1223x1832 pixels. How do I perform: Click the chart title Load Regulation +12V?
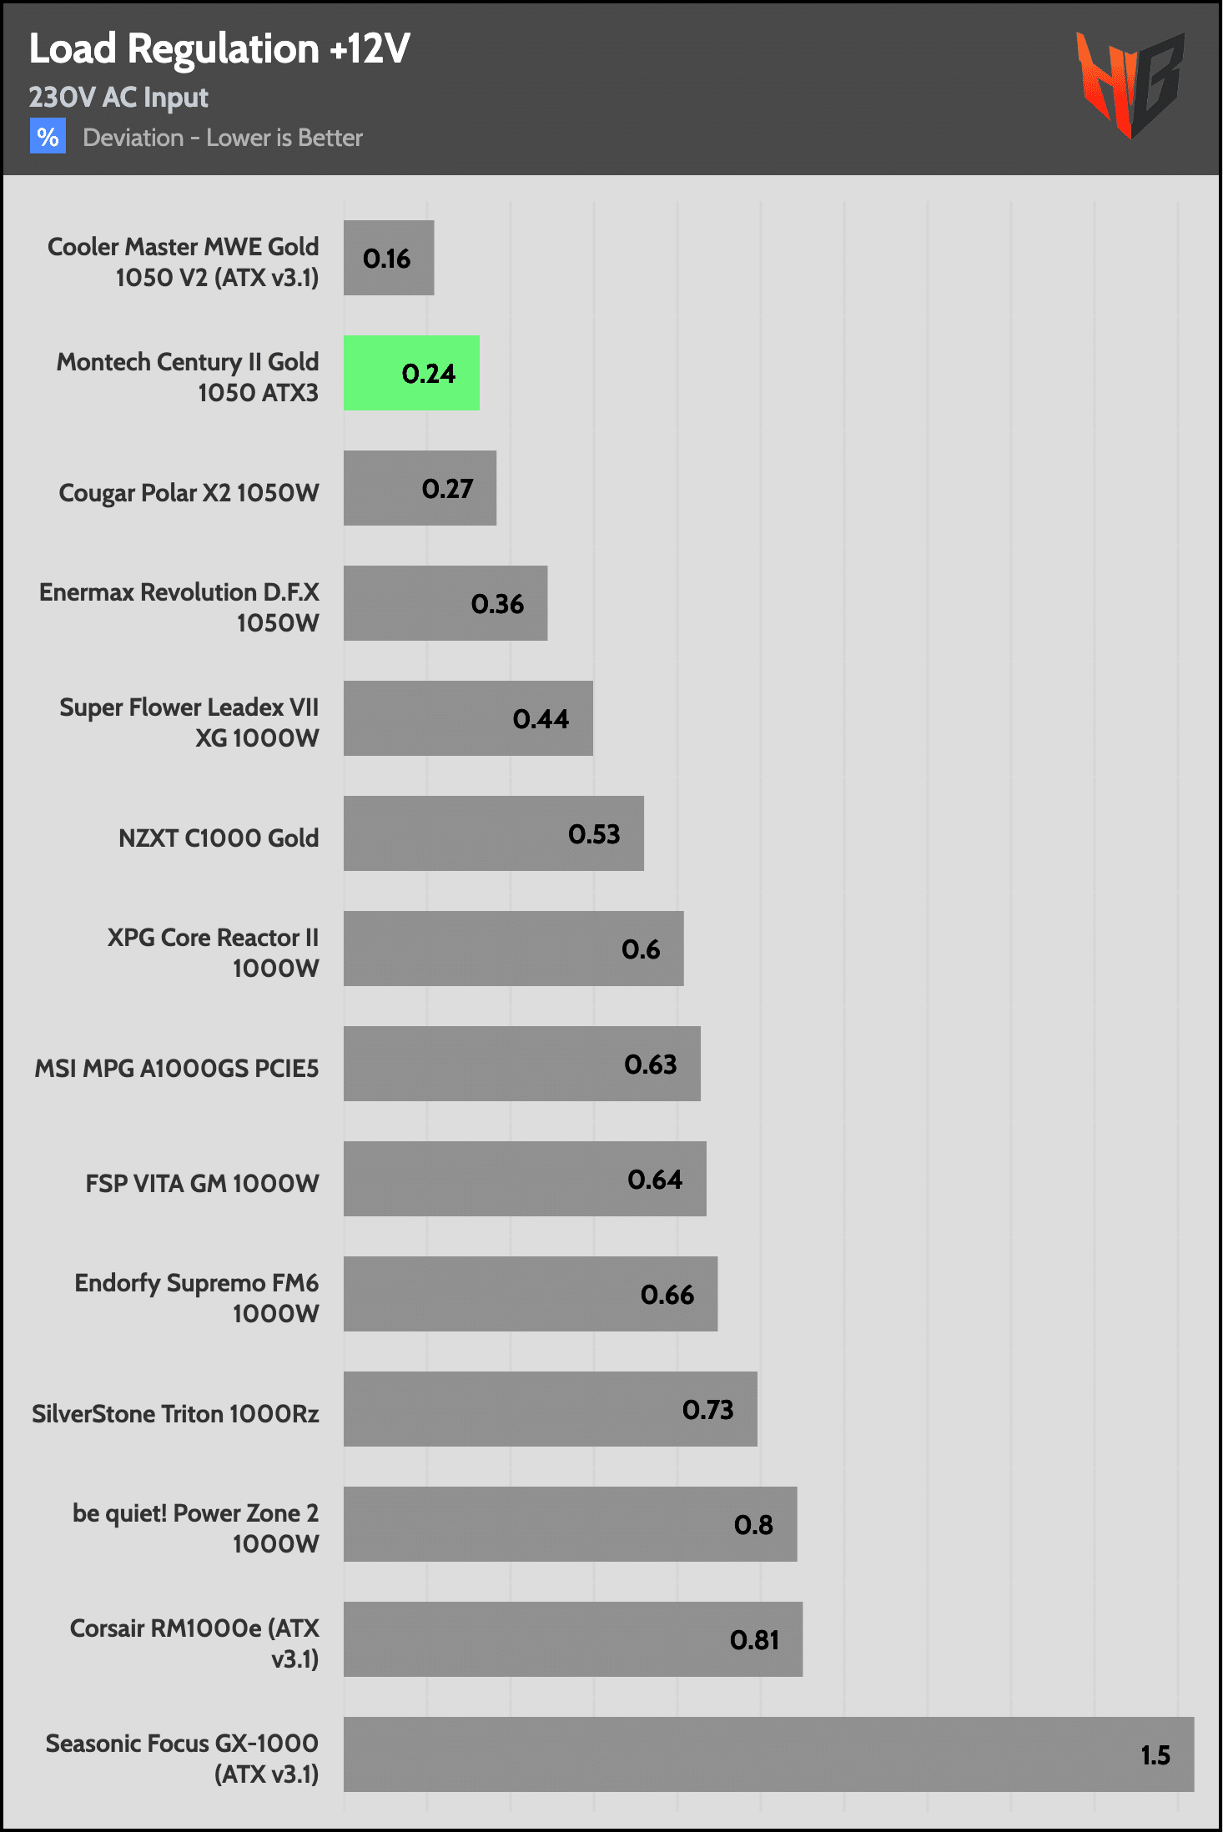click(x=219, y=49)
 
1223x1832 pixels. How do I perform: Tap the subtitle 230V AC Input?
click(x=118, y=98)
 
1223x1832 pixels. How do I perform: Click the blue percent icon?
click(x=48, y=136)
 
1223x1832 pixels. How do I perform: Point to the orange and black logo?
click(x=1130, y=84)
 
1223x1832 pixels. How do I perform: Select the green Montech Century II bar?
click(x=411, y=373)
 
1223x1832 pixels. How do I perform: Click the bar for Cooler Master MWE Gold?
click(x=389, y=258)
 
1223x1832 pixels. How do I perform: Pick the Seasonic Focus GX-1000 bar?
click(x=768, y=1754)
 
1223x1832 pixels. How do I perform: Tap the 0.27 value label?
click(x=447, y=489)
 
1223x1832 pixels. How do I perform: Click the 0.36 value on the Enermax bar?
click(x=497, y=604)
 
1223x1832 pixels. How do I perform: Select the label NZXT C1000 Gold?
click(x=219, y=838)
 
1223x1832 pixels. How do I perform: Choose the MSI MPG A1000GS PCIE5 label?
click(x=177, y=1068)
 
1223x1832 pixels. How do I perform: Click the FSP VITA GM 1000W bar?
click(x=525, y=1179)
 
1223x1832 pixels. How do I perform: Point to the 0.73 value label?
click(x=707, y=1410)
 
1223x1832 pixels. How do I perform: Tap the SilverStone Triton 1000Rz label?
click(x=175, y=1413)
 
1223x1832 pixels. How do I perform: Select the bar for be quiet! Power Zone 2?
click(x=570, y=1524)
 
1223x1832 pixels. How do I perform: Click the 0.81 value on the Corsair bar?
click(x=754, y=1640)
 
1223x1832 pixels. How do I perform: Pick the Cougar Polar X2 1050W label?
click(x=189, y=493)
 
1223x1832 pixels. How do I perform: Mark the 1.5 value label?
click(x=1155, y=1755)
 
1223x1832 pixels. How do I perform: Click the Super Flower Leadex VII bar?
click(x=468, y=718)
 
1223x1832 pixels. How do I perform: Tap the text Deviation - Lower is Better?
click(x=223, y=138)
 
